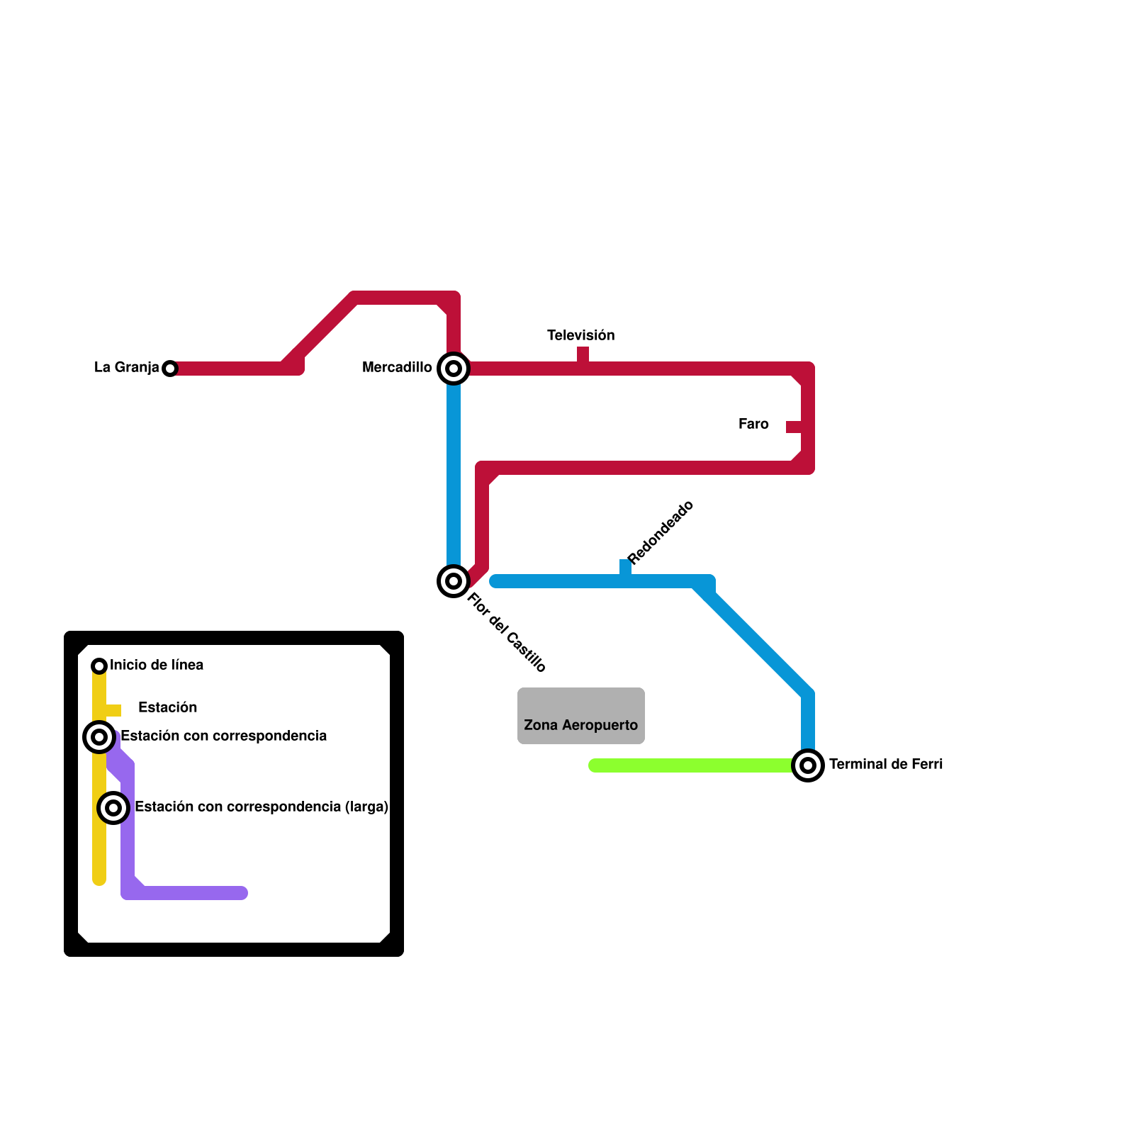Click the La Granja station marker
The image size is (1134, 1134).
click(x=169, y=369)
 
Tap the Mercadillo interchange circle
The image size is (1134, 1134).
click(x=454, y=369)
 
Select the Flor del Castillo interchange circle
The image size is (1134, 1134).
click(x=454, y=581)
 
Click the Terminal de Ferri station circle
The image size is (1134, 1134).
click(x=808, y=765)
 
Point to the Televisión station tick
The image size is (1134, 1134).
click(x=583, y=354)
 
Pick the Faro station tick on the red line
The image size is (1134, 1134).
click(x=793, y=427)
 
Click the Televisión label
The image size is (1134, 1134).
click(x=580, y=335)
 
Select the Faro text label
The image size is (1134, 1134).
click(x=753, y=424)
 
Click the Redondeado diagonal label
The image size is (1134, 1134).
click(x=661, y=532)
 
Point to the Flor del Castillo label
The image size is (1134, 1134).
click(x=507, y=632)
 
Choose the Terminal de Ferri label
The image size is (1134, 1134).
click(x=885, y=764)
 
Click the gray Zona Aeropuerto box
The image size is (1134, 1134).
click(x=581, y=715)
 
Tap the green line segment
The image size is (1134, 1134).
click(x=691, y=765)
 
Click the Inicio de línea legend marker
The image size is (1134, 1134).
click(x=99, y=666)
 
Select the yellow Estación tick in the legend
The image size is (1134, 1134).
click(x=113, y=710)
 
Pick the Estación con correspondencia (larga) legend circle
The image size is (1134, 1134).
click(x=113, y=808)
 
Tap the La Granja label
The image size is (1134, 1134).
click(x=126, y=367)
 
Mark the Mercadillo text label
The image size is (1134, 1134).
click(x=397, y=367)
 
